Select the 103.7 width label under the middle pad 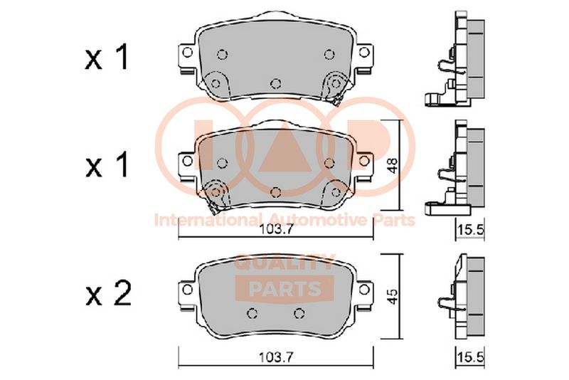(x=276, y=230)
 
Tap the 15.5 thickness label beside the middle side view (x=470, y=230)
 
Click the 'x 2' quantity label (x=108, y=295)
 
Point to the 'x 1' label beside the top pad (x=107, y=57)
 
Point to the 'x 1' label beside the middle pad (x=107, y=165)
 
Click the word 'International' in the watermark (x=208, y=220)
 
